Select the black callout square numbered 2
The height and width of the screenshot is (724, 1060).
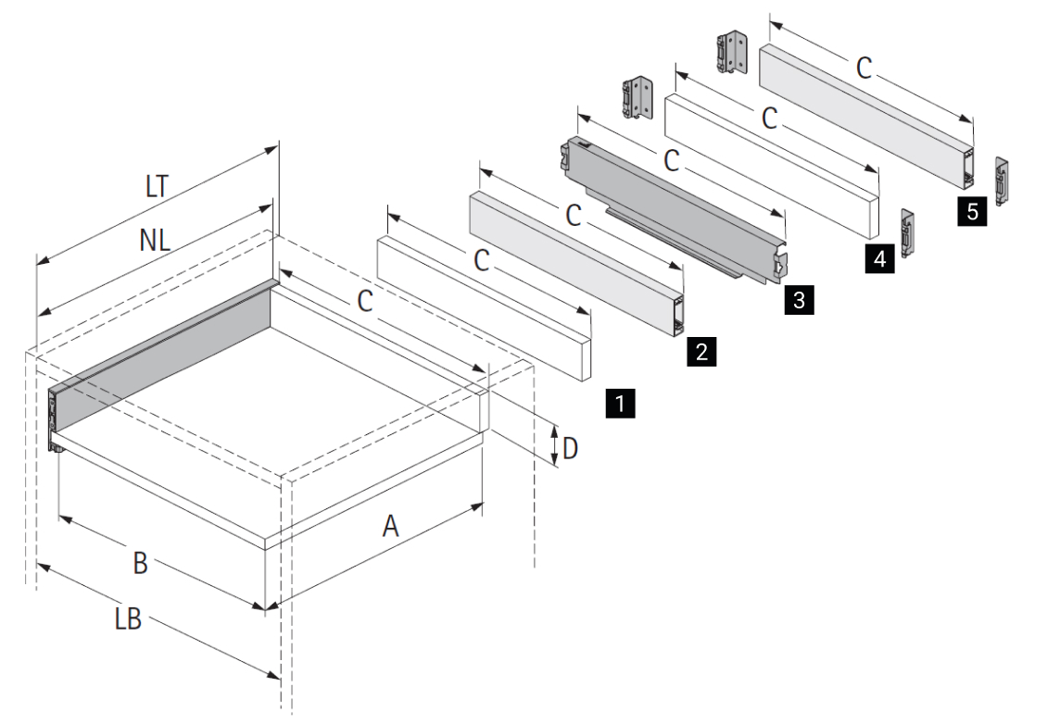[x=701, y=351]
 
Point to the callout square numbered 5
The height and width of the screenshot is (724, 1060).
[x=971, y=212]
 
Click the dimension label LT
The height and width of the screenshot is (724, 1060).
[x=158, y=185]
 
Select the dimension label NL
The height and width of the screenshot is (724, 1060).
[x=155, y=241]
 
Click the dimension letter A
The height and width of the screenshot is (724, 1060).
[x=391, y=526]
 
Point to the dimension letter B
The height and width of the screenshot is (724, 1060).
[x=140, y=562]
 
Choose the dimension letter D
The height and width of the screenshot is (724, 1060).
[x=570, y=449]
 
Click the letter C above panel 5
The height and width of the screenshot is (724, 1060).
[x=864, y=68]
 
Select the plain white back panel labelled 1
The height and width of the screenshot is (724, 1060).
[x=482, y=306]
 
